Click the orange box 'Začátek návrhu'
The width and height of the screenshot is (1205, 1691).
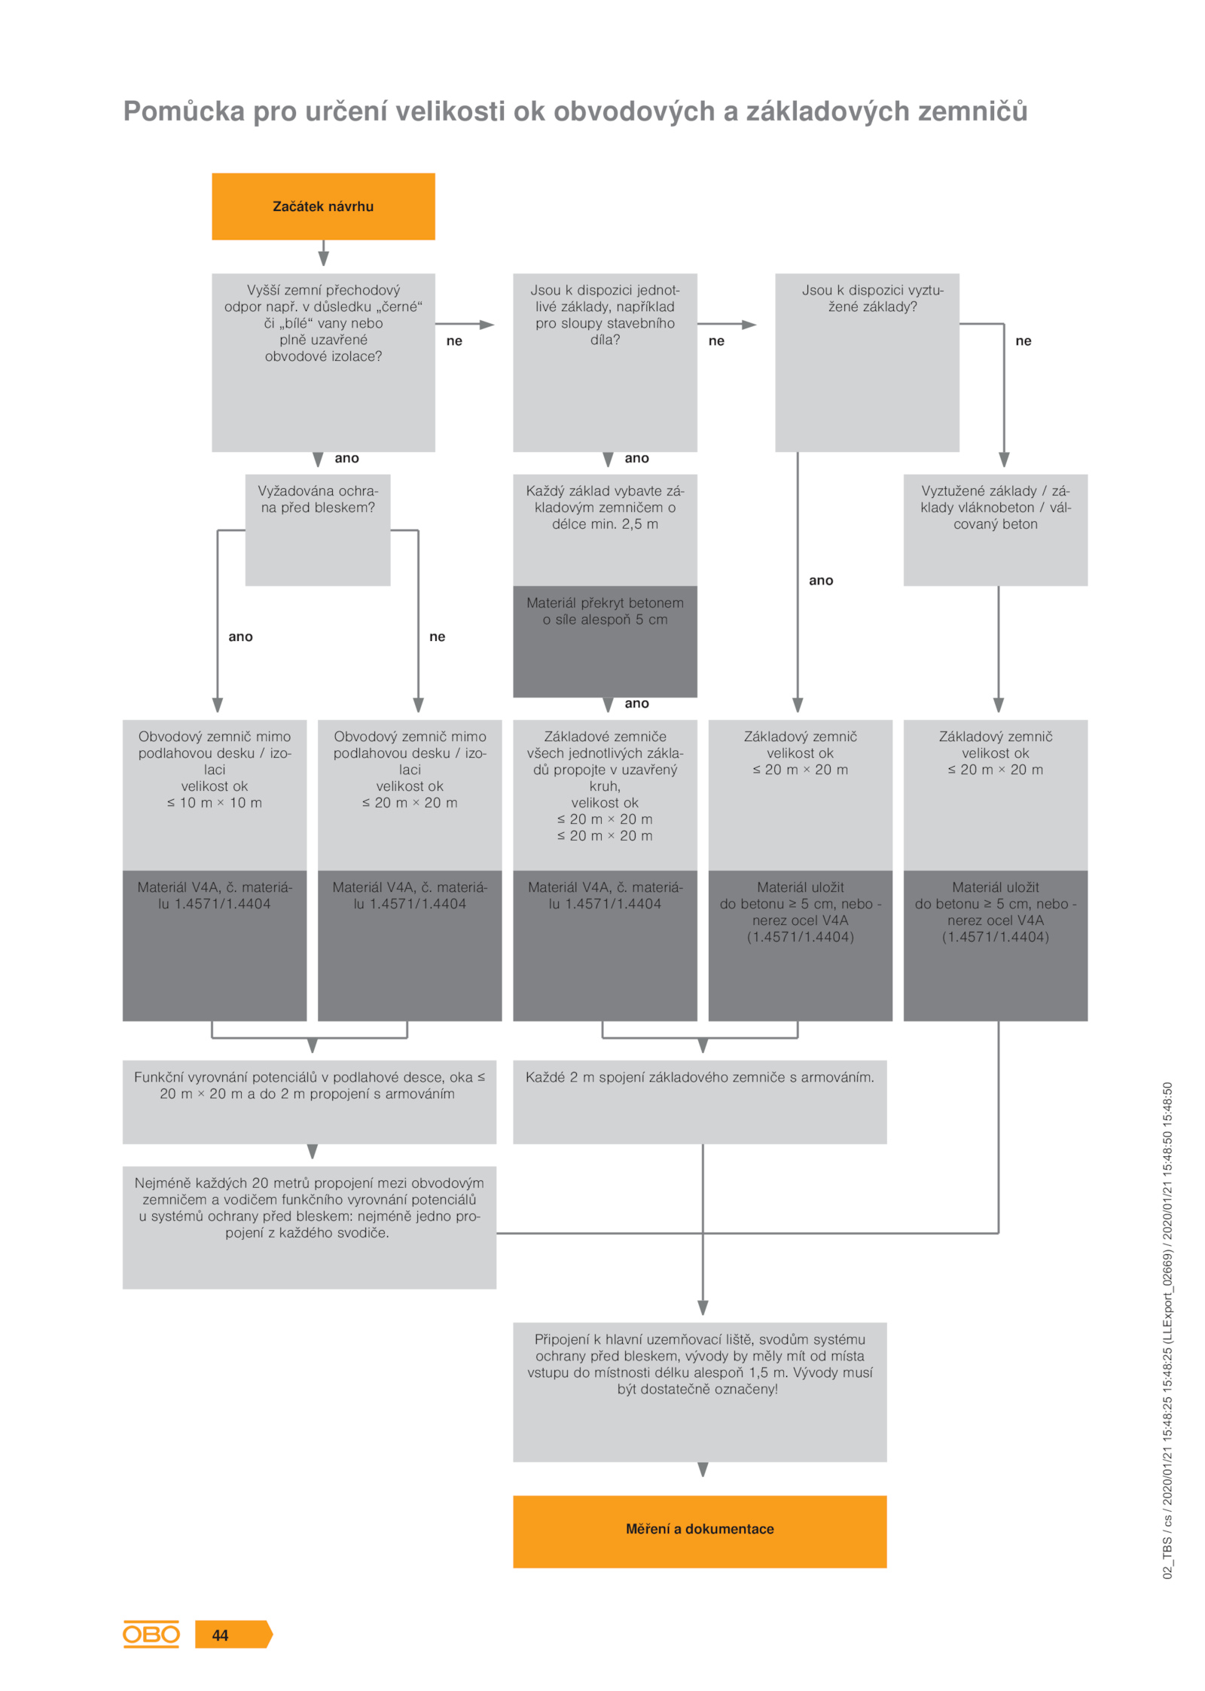point(323,206)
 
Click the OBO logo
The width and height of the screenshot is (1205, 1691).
point(151,1634)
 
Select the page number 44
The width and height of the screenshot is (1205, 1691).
point(220,1635)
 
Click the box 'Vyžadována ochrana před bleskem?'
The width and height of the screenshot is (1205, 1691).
point(318,530)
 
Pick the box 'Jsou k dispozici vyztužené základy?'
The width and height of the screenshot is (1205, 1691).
point(867,362)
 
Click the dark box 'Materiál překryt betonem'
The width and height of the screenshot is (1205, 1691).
point(605,641)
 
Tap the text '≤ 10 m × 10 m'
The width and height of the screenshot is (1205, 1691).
point(215,803)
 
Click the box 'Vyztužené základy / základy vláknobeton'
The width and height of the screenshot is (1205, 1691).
point(996,530)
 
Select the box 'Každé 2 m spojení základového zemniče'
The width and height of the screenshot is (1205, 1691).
point(700,1102)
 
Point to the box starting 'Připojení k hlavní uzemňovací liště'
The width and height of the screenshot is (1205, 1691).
point(700,1392)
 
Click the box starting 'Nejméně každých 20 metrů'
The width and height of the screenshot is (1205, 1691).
point(310,1228)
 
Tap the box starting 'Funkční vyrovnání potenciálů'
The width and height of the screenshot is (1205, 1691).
point(310,1102)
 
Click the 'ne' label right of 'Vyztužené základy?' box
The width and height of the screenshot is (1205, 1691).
point(1023,340)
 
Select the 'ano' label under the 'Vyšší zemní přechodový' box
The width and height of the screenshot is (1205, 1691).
point(346,458)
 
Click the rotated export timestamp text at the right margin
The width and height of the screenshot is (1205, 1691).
point(1167,1330)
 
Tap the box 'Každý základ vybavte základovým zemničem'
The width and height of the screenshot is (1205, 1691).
point(605,530)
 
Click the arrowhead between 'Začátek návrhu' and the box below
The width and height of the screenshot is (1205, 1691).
point(323,258)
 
